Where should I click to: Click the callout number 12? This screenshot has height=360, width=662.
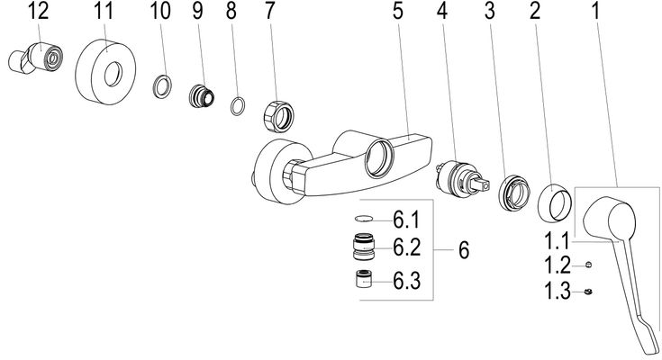click(39, 12)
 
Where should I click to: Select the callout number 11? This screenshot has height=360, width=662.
click(104, 12)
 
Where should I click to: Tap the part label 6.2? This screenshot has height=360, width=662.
click(406, 247)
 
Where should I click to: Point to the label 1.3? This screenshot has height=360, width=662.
click(558, 291)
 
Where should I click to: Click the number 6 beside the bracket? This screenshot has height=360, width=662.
click(464, 250)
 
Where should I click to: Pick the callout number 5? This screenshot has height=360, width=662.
click(398, 12)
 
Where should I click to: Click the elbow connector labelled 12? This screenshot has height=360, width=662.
click(35, 58)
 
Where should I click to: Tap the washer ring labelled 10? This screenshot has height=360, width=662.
click(162, 86)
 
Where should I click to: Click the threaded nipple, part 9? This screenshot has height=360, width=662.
click(201, 95)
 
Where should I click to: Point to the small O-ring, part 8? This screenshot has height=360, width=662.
click(238, 105)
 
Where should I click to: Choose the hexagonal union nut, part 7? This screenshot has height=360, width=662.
click(278, 115)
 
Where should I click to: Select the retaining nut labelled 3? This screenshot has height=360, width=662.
click(513, 193)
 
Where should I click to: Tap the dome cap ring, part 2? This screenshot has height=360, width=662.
click(555, 202)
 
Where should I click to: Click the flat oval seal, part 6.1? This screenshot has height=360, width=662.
click(364, 219)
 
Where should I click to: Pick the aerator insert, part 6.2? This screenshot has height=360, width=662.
click(363, 247)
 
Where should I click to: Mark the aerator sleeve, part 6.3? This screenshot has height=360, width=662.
click(364, 279)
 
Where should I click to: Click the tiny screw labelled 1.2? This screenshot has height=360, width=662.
click(588, 265)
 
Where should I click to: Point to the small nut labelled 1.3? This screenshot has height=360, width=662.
click(587, 292)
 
